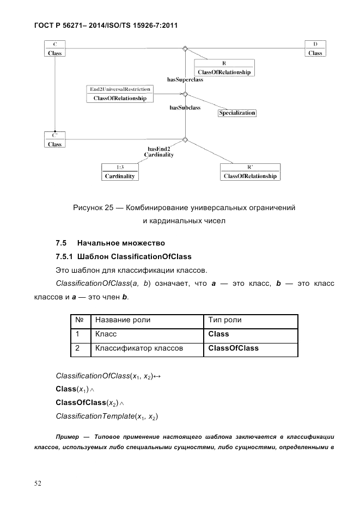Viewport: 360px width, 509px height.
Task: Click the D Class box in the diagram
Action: [315, 48]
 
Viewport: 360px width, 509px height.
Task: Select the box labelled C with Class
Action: [54, 48]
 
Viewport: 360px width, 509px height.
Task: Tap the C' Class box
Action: [54, 139]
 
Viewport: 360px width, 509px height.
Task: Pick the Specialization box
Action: [237, 113]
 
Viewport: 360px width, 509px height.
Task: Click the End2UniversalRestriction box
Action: [120, 94]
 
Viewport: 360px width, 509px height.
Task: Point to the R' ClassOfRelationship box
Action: [250, 172]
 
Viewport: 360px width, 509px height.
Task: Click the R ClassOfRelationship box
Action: [224, 68]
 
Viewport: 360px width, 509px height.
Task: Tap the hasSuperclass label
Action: [185, 79]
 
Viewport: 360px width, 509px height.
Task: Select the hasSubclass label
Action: [185, 108]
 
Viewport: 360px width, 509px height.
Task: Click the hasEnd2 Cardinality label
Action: [159, 152]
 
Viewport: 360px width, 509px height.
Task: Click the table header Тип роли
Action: [225, 320]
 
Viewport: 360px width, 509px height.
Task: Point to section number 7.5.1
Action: [65, 256]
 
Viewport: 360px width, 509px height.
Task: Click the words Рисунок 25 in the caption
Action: [93, 207]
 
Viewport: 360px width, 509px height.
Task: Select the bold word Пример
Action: [68, 437]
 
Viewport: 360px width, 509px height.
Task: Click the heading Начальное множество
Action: [120, 243]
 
